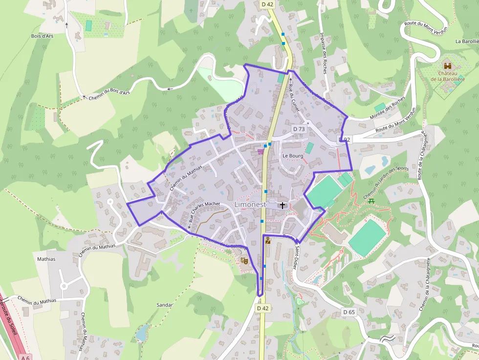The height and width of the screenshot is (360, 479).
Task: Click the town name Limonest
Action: click(x=250, y=204)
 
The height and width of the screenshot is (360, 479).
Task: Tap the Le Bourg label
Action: click(x=293, y=156)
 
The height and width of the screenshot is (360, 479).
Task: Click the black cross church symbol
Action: click(x=283, y=205)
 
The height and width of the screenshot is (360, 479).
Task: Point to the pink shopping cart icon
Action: click(x=261, y=152)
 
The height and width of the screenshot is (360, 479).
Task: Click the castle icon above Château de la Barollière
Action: click(x=448, y=65)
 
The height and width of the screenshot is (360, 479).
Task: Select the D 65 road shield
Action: click(x=348, y=312)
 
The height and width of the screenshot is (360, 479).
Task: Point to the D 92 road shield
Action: click(x=345, y=140)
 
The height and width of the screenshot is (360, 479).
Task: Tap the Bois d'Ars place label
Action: click(x=42, y=36)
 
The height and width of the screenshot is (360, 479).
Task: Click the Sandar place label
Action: click(x=165, y=305)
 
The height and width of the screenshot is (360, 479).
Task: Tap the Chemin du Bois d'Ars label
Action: click(x=109, y=95)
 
